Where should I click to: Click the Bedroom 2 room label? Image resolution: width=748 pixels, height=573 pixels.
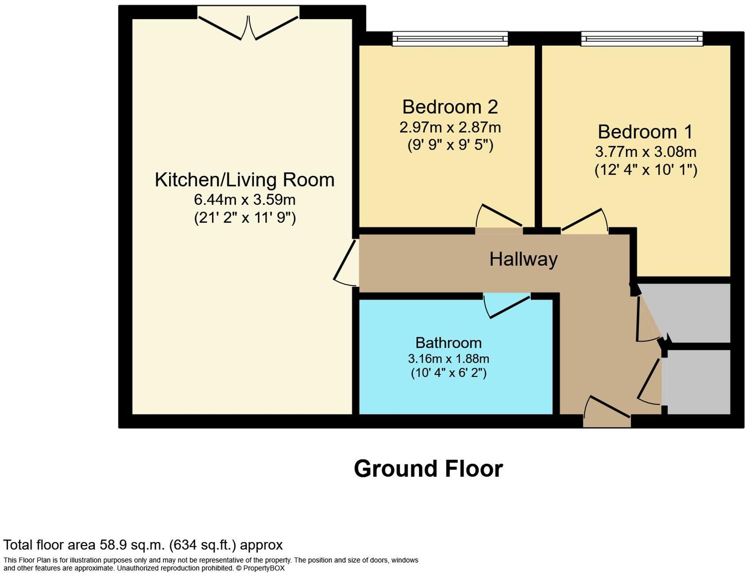coord(450,107)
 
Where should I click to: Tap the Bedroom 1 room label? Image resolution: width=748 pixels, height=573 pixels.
coord(645,132)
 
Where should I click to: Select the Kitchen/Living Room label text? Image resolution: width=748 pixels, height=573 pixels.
coord(245,180)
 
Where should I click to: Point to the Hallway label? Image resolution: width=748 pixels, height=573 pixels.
coord(523,259)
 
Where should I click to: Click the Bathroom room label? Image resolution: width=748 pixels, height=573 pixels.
coord(448,343)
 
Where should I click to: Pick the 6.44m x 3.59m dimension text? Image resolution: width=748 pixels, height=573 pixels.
coord(245,200)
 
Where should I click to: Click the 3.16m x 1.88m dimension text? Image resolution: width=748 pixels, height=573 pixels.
coord(448,358)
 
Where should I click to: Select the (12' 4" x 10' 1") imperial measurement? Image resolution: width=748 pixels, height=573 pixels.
coord(646,170)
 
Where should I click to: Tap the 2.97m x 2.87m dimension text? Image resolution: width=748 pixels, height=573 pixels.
coord(450,127)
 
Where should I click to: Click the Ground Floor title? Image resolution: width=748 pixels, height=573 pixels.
coord(428,469)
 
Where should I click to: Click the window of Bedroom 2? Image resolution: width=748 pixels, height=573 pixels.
coord(450,39)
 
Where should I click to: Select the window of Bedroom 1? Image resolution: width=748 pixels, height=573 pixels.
coord(641,39)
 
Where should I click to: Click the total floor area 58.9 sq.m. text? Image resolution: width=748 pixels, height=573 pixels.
coord(143,545)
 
